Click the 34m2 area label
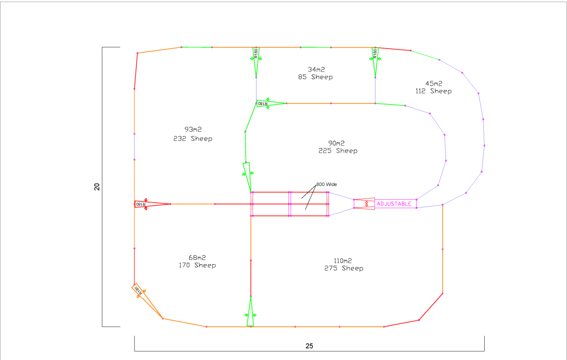click(x=316, y=69)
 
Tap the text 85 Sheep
click(x=315, y=77)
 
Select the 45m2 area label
click(x=434, y=83)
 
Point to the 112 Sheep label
click(x=433, y=91)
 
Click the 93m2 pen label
click(x=193, y=130)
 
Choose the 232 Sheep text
click(x=193, y=139)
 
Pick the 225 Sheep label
click(x=338, y=151)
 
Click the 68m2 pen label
click(x=197, y=257)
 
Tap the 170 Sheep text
click(x=197, y=265)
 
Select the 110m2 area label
click(x=343, y=261)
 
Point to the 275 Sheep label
click(x=344, y=268)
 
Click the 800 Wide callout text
click(x=326, y=184)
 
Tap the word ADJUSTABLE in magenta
click(x=394, y=204)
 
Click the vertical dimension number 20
click(x=97, y=187)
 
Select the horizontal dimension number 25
click(x=309, y=346)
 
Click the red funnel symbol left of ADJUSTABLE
click(x=364, y=203)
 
